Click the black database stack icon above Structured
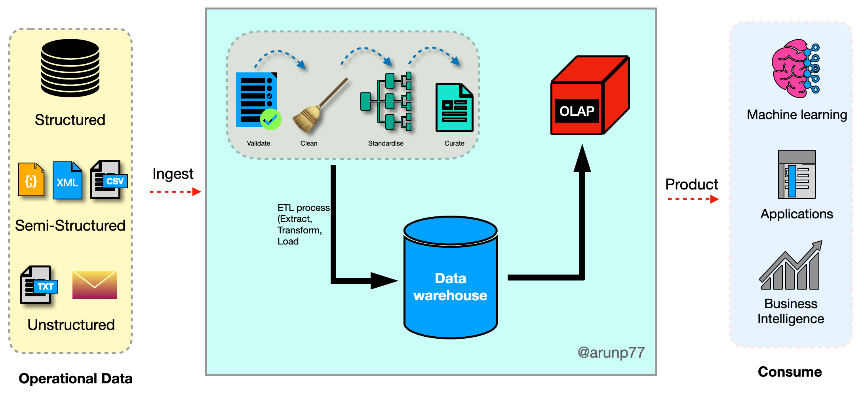[x=70, y=68]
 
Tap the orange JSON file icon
[x=31, y=180]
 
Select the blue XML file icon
[x=67, y=180]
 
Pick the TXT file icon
[x=39, y=285]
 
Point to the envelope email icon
[x=95, y=285]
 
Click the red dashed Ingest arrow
[x=175, y=192]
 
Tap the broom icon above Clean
[x=319, y=106]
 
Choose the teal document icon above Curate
[x=454, y=107]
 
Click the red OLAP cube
[x=590, y=96]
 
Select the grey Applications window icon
[x=797, y=175]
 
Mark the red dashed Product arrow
[x=693, y=199]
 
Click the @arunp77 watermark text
[x=611, y=352]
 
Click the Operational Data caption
[x=76, y=379]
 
